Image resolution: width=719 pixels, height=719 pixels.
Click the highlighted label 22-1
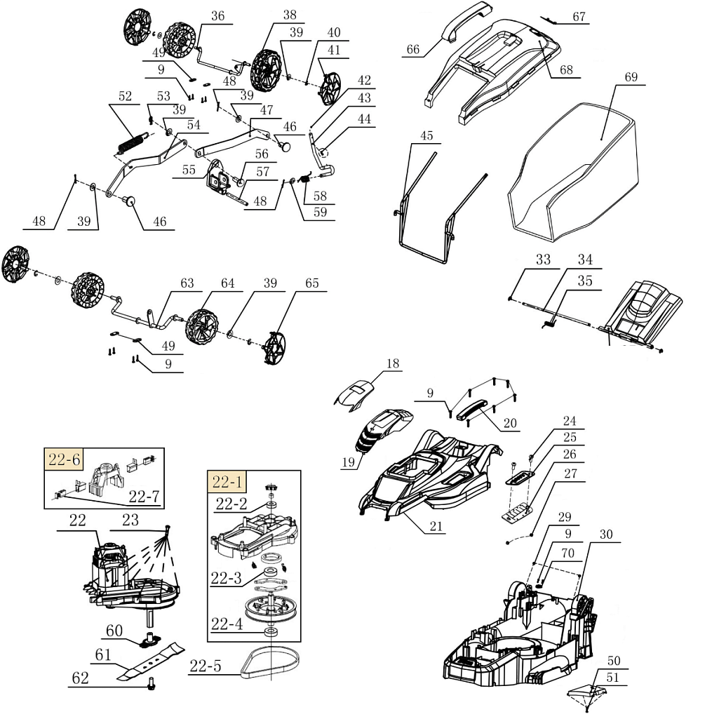pyautogui.click(x=227, y=482)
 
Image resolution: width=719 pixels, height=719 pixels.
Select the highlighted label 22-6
pyautogui.click(x=65, y=459)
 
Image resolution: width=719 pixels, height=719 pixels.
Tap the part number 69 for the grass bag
pyautogui.click(x=631, y=77)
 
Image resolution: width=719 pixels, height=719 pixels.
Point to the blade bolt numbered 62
pyautogui.click(x=152, y=685)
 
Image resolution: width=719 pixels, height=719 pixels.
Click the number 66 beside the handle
pyautogui.click(x=413, y=50)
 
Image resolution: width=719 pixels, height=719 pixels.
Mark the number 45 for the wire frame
pyautogui.click(x=427, y=135)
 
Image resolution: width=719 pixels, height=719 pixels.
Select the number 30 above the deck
pyautogui.click(x=606, y=535)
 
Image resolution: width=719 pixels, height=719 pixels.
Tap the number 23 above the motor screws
pyautogui.click(x=130, y=520)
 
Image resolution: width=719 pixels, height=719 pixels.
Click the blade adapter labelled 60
pyautogui.click(x=149, y=638)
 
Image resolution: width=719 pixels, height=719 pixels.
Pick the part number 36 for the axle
pyautogui.click(x=218, y=16)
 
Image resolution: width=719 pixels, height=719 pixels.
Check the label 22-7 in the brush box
pyautogui.click(x=145, y=497)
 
